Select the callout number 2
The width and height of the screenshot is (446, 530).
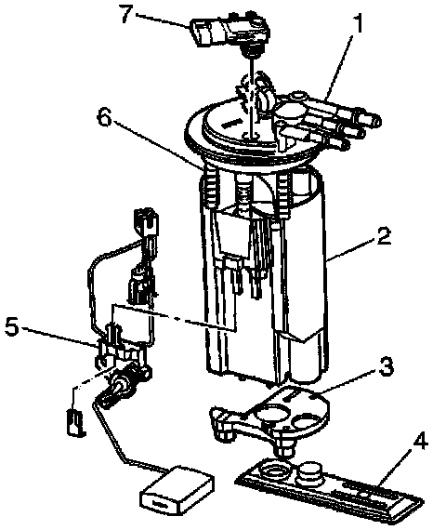click(384, 235)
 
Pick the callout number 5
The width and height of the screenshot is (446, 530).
click(12, 327)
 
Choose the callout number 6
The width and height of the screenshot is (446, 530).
click(104, 117)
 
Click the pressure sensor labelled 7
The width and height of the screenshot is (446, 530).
click(230, 33)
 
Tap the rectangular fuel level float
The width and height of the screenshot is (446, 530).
click(177, 486)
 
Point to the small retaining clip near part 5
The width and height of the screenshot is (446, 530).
click(76, 422)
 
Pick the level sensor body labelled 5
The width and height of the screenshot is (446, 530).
click(123, 355)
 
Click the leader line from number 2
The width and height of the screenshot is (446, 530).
click(351, 249)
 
